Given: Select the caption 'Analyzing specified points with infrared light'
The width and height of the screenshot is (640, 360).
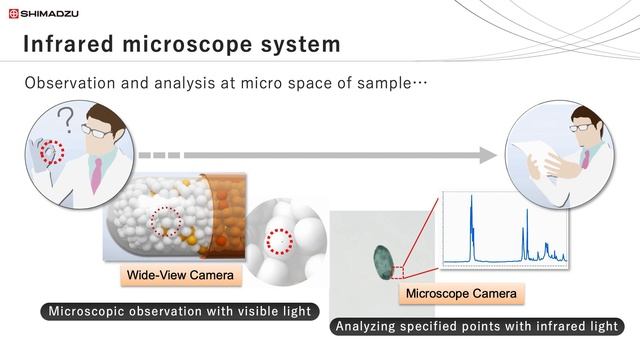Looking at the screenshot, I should pyautogui.click(x=478, y=327).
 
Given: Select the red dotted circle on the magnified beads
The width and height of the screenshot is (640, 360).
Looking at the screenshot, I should pyautogui.click(x=282, y=241).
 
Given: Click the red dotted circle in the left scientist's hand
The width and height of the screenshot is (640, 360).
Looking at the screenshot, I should pyautogui.click(x=49, y=155).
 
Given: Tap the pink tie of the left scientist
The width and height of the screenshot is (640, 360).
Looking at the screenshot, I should pyautogui.click(x=96, y=174).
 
